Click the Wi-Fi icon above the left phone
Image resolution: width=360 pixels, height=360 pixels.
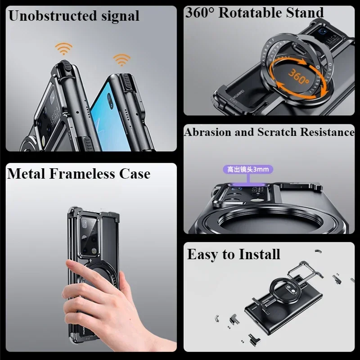point(64,49)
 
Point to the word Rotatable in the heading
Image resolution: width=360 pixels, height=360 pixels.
point(254,12)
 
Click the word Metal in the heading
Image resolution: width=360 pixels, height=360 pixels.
point(27,174)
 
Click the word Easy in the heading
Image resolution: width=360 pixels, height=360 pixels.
point(201,254)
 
